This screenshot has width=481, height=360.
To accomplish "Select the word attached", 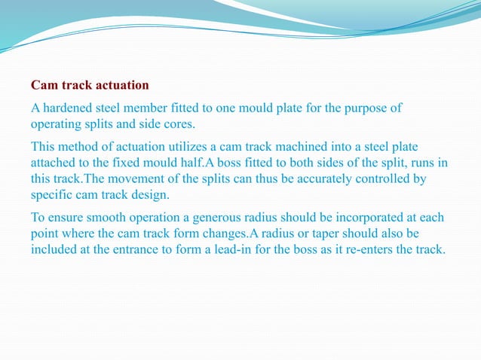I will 54,161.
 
